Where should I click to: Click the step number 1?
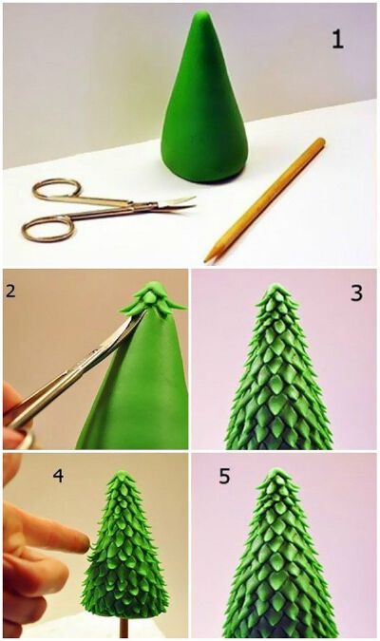pos(337,40)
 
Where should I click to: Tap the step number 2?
pos(10,291)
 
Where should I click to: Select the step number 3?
pos(356,293)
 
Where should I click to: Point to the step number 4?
pos(59,476)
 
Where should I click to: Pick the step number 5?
pos(224,477)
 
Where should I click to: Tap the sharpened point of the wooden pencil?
pos(206,259)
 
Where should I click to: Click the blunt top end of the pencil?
pos(320,141)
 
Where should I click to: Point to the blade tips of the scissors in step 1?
pos(192,202)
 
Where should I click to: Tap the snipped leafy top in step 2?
pos(153,298)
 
